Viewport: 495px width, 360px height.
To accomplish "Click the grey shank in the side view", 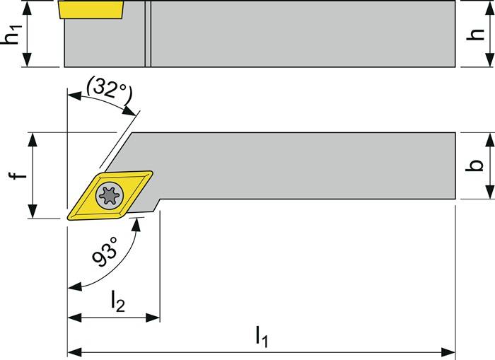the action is click(x=297, y=33).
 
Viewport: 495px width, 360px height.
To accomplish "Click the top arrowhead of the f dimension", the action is click(x=31, y=138).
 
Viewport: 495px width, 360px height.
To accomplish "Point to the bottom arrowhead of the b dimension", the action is click(x=487, y=196).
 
